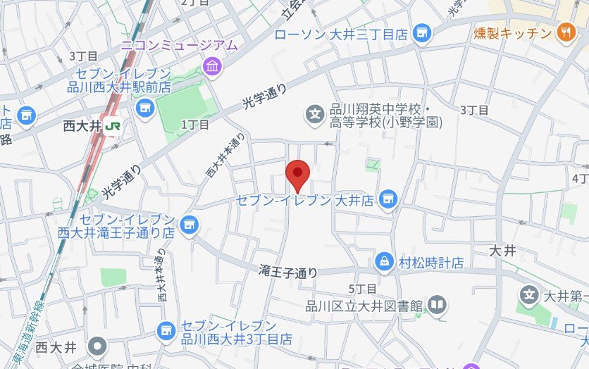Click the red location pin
[297, 174]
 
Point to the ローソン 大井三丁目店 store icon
[421, 32]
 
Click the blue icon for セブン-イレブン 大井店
[386, 200]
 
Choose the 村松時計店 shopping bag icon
[384, 262]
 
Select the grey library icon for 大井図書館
[437, 305]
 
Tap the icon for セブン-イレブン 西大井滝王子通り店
[187, 225]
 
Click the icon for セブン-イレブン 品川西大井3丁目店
[166, 330]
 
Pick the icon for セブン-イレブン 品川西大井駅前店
[145, 107]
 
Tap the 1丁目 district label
[195, 125]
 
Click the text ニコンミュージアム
[179, 46]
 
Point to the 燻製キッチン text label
[512, 32]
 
